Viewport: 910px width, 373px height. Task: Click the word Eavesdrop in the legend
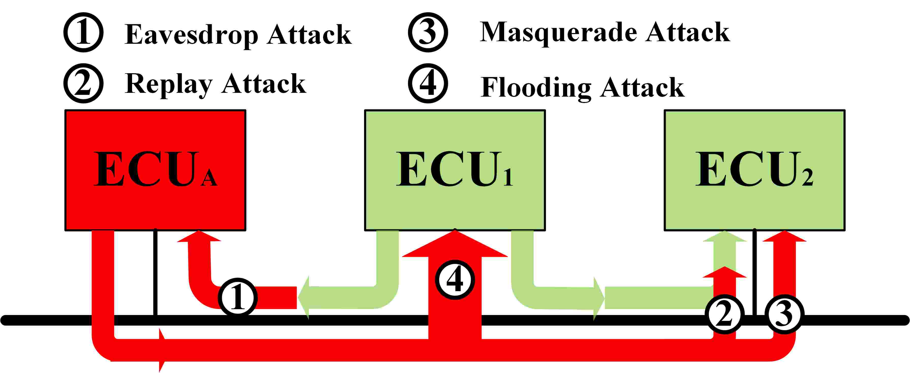click(191, 35)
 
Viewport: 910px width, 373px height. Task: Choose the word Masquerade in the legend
click(558, 33)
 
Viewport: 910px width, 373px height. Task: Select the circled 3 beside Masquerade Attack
click(428, 32)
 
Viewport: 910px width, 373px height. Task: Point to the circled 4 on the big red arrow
click(455, 280)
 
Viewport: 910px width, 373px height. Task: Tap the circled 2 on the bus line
click(724, 314)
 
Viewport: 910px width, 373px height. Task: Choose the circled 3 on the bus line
click(784, 314)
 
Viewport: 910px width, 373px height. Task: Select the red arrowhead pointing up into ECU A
click(199, 236)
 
